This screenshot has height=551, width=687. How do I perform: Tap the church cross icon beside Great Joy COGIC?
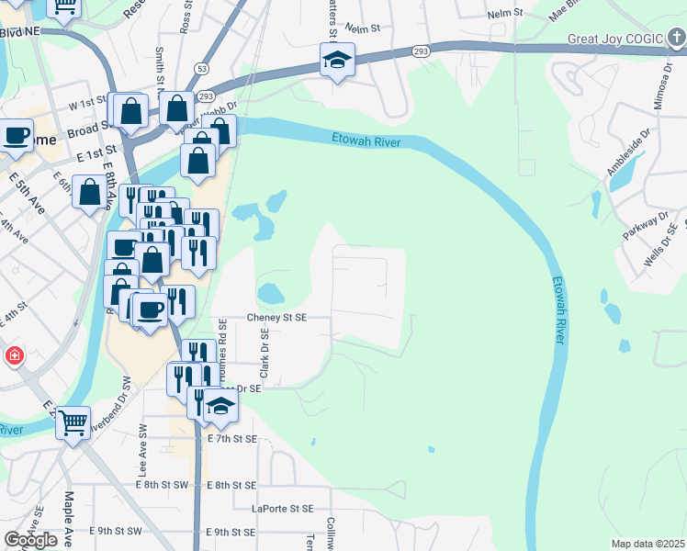(x=675, y=39)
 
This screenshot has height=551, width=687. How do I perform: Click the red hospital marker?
(x=15, y=355)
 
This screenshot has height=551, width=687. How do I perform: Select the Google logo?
(x=30, y=540)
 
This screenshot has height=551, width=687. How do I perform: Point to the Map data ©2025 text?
(x=648, y=544)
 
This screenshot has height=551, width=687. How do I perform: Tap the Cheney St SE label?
(x=276, y=317)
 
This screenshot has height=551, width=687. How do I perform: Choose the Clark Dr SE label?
(x=264, y=358)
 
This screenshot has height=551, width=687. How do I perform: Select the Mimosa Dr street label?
(x=659, y=87)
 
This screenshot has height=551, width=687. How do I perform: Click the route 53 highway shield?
(x=200, y=70)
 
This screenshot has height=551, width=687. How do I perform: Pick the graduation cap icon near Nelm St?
(x=337, y=61)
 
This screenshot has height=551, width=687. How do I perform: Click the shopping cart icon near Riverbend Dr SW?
(x=73, y=422)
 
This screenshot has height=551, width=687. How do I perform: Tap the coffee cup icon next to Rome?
(x=16, y=136)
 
